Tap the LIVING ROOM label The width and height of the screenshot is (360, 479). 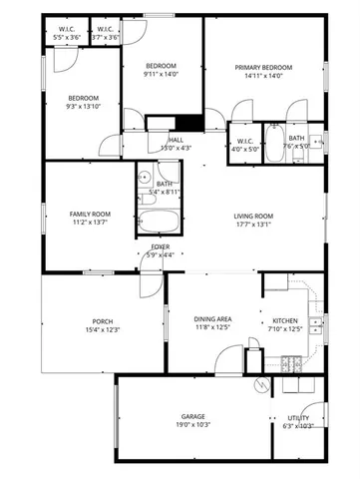253,216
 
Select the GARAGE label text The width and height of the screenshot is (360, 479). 192,416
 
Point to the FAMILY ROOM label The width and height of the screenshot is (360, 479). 90,215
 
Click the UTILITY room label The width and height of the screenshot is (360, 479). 298,417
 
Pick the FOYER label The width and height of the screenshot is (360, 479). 160,246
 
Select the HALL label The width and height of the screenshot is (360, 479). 176,140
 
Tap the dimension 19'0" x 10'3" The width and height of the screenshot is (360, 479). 192,425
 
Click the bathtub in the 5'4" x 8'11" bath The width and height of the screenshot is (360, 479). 156,223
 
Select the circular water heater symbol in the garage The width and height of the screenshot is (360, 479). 259,384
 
